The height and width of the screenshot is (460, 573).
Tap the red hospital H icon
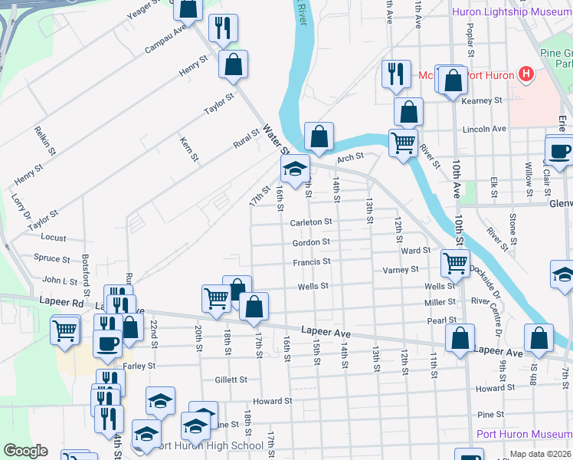click(526, 74)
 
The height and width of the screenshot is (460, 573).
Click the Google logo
click(25, 451)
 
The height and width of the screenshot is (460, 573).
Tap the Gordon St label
click(311, 242)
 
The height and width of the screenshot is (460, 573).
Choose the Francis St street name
click(311, 261)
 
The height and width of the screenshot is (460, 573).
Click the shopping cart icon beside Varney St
click(455, 263)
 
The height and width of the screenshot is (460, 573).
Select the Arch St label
click(349, 158)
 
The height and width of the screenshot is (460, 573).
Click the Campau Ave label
click(166, 40)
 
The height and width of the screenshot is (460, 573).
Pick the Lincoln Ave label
click(486, 129)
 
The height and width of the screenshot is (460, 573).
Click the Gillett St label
click(231, 379)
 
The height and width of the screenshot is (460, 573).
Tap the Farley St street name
click(139, 366)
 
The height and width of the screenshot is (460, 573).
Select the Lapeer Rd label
click(67, 303)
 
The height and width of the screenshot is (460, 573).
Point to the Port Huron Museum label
click(524, 434)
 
